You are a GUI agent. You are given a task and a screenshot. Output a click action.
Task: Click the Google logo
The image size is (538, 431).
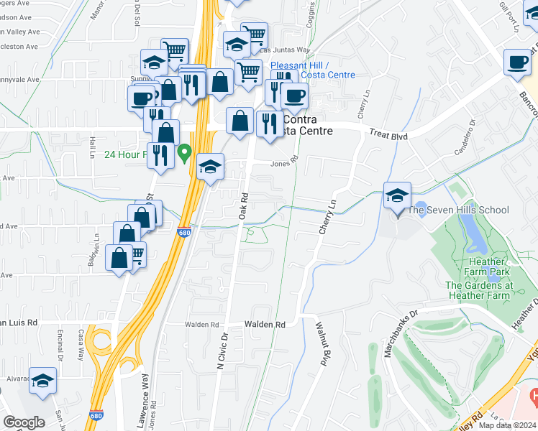24,422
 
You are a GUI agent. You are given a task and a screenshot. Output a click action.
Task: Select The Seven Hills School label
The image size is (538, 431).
458,210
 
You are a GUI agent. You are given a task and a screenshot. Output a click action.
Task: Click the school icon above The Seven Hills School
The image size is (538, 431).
397,195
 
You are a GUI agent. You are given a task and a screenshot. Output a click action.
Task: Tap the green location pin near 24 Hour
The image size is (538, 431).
185,152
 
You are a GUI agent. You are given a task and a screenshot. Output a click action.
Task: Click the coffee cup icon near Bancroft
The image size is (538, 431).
516,62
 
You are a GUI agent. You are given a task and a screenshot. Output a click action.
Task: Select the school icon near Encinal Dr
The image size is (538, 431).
42,381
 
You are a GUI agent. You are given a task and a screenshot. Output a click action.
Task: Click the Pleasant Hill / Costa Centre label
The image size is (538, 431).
313,70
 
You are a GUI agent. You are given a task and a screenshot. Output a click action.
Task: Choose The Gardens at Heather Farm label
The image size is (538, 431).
488,290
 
